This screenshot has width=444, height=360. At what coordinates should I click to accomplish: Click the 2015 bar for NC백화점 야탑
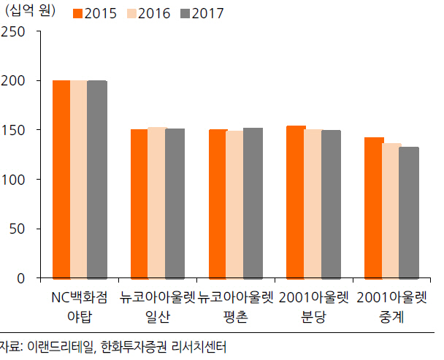pyautogui.click(x=61, y=180)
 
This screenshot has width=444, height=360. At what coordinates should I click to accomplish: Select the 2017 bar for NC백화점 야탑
pyautogui.click(x=96, y=180)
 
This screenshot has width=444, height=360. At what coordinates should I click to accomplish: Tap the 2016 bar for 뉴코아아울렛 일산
pyautogui.click(x=156, y=202)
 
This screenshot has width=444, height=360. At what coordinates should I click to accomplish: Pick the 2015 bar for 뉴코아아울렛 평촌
pyautogui.click(x=218, y=204)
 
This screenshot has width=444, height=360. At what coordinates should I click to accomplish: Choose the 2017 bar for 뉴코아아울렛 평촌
pyautogui.click(x=253, y=203)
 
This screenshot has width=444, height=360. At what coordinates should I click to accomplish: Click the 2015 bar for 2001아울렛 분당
pyautogui.click(x=296, y=202)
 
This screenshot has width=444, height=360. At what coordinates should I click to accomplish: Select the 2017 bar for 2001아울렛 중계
pyautogui.click(x=409, y=212)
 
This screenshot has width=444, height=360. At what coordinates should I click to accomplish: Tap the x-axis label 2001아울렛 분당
pyautogui.click(x=313, y=307)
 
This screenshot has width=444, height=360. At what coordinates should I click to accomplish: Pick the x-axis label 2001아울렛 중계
pyautogui.click(x=391, y=307)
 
